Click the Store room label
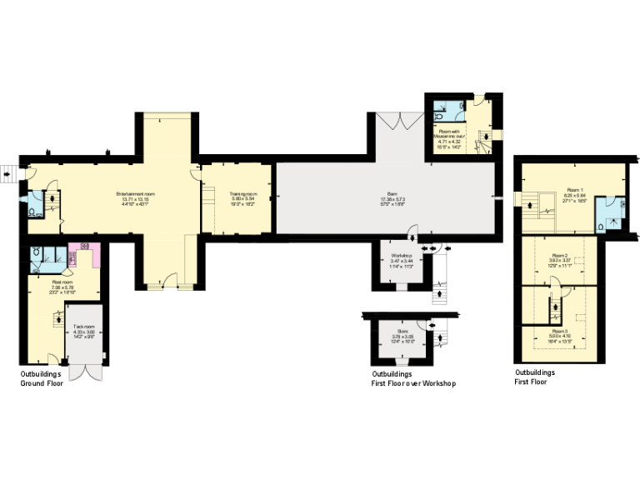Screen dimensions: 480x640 (402, 331)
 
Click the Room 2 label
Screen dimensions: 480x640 (559, 256)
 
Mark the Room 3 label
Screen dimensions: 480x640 (559, 331)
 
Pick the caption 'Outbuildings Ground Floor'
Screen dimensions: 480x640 (42, 379)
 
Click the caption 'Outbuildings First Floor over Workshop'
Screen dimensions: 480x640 (413, 379)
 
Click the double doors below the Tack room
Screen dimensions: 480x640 (86, 370)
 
